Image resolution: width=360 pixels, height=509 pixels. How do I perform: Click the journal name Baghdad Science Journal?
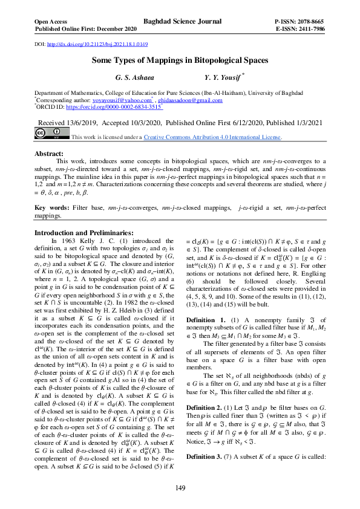coord(180,21)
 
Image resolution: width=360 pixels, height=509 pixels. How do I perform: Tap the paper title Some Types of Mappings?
coord(180,60)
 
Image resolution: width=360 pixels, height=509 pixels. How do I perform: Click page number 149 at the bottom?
coord(180,488)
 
